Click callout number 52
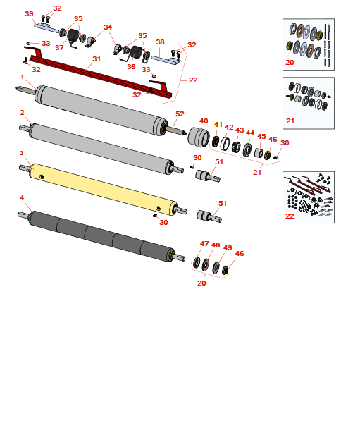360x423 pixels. [x=180, y=114]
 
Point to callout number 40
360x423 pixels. [x=204, y=121]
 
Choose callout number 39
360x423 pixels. [x=29, y=14]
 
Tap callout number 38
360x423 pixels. [x=160, y=42]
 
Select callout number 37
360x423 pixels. [x=59, y=48]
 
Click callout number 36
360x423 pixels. [x=131, y=67]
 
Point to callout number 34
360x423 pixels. [x=108, y=27]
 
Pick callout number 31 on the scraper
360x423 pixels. [x=97, y=59]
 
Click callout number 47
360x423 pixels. [x=204, y=244]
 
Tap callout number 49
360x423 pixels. [x=228, y=248]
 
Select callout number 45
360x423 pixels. [x=261, y=137]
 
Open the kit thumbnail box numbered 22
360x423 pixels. [x=308, y=196]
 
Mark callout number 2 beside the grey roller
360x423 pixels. [x=22, y=113]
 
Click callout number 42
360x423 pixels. [x=229, y=128]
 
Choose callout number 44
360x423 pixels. [x=250, y=133]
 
